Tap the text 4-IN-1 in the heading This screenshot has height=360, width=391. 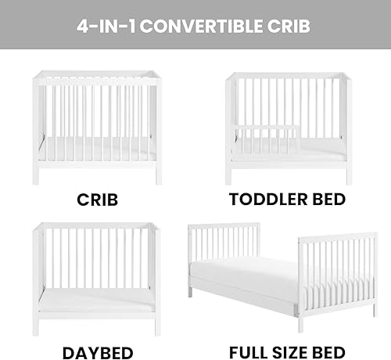point(106,26)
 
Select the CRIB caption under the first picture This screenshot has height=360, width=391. point(97,199)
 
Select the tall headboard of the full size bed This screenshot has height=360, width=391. point(224,243)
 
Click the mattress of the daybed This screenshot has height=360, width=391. point(97,301)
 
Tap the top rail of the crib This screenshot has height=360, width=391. point(97,74)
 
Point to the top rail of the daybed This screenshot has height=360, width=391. point(97,228)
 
